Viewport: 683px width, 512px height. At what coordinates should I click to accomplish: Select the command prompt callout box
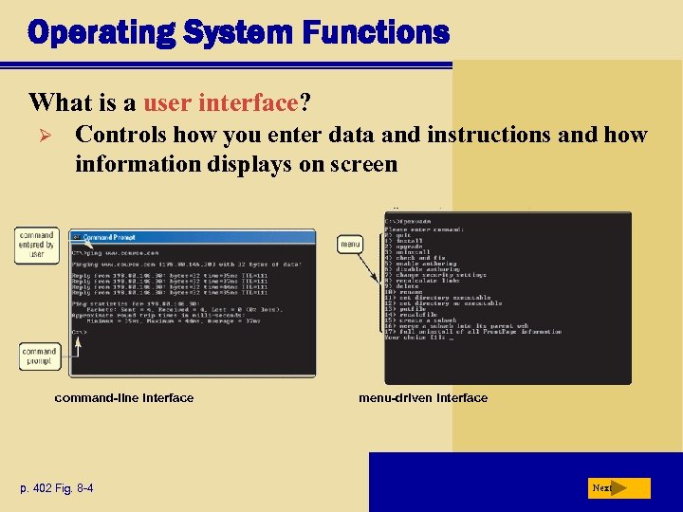(40, 357)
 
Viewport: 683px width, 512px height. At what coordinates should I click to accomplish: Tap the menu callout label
(350, 245)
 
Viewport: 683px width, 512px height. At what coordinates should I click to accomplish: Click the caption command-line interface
(124, 398)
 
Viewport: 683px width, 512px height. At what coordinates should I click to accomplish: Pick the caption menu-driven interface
(423, 398)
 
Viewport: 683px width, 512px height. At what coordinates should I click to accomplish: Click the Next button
(618, 488)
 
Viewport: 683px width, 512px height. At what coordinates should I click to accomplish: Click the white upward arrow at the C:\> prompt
(79, 345)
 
